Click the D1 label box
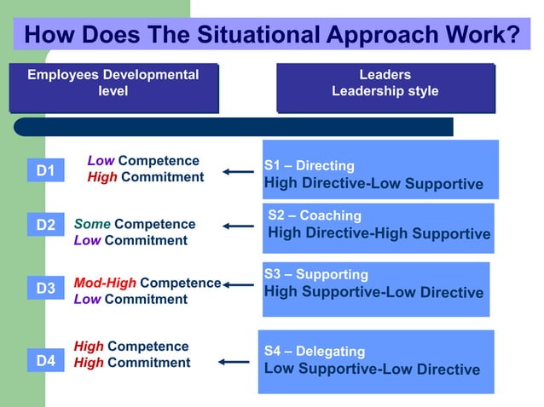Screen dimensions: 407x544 coord(45,171)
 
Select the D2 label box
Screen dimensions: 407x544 coord(45,226)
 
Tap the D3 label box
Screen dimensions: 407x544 coord(45,289)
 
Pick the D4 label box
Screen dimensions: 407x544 coord(45,361)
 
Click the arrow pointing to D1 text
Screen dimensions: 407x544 coord(239,172)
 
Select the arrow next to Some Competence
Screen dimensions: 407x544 coord(239,226)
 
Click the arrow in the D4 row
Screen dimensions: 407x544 coord(234,362)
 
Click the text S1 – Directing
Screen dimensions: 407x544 coord(309,165)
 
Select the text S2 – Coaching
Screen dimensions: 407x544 coord(315,215)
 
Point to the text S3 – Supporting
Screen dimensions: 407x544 coord(315,274)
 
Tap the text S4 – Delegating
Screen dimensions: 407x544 coord(314,351)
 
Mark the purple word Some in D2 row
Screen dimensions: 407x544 coord(92,224)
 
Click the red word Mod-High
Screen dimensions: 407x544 coord(105,283)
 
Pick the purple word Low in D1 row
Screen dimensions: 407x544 coord(101,161)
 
